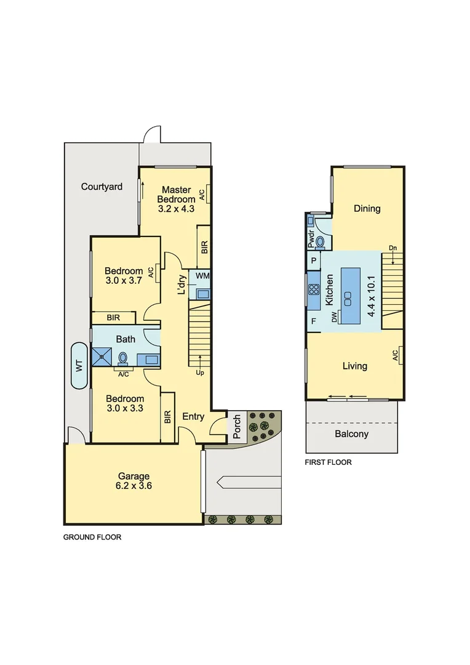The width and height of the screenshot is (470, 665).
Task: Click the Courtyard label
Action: coord(102,187)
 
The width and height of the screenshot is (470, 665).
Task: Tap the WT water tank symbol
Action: coord(79,365)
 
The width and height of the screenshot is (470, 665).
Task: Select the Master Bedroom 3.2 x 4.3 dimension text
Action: coord(176,209)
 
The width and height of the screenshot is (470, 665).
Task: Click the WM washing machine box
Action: coord(202,276)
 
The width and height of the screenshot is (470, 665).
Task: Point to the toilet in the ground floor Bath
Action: coord(123,358)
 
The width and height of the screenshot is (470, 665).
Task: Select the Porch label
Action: coord(237,427)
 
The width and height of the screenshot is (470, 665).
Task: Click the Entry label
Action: coord(193,417)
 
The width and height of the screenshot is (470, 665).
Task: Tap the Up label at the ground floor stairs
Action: coord(200,373)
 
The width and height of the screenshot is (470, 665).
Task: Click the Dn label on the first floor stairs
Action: coord(392,248)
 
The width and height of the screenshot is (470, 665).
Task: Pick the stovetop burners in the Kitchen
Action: coord(313,291)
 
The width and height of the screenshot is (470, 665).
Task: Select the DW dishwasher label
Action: coord(335,317)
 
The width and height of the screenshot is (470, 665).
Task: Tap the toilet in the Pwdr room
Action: coord(320,241)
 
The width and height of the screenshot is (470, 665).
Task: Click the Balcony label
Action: coord(351,433)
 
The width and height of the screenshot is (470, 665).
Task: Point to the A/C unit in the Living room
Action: coord(399,355)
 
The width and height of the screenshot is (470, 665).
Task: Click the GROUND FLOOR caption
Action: coord(92,537)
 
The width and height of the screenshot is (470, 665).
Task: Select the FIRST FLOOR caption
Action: coord(329,462)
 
